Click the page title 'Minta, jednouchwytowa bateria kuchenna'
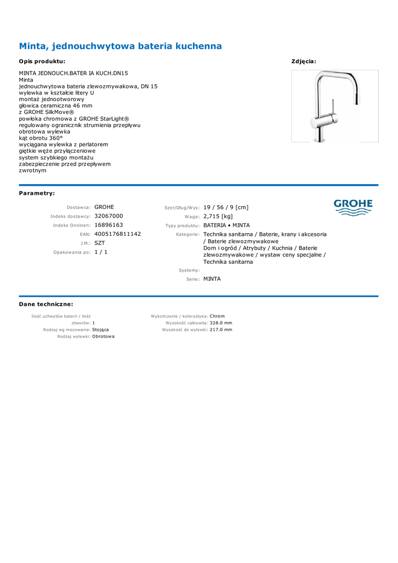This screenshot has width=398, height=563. click(x=120, y=46)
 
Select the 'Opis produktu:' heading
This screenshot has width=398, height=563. click(x=42, y=62)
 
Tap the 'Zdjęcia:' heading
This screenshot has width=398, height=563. click(x=303, y=62)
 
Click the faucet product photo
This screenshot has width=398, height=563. click(x=334, y=106)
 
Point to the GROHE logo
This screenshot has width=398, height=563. click(x=353, y=207)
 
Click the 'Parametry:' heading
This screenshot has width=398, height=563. click(x=37, y=194)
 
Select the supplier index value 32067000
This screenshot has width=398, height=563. click(x=109, y=216)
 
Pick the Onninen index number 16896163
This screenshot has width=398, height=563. click(x=109, y=225)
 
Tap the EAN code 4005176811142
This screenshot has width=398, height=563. click(x=118, y=234)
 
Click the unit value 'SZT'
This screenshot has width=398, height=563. click(x=99, y=242)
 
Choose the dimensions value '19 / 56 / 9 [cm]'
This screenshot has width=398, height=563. click(x=226, y=207)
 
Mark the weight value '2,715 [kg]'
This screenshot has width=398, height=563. click(x=218, y=216)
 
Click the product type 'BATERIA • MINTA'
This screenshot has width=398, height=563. click(x=226, y=225)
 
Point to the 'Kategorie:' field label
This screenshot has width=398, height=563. click(x=187, y=234)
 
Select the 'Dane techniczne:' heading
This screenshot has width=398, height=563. click(x=46, y=304)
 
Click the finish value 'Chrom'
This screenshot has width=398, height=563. click(x=217, y=316)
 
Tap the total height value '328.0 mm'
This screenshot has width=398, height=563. click(x=221, y=323)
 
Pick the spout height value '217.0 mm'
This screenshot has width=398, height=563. click(x=221, y=329)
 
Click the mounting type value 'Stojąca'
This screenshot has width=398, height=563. click(x=101, y=329)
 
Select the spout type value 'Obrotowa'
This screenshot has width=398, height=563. click(x=103, y=336)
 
